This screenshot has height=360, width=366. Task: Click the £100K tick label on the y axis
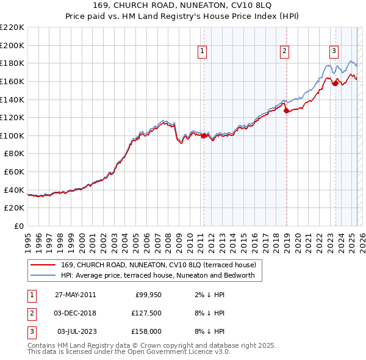click(x=12, y=135)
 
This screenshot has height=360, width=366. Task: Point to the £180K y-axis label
click(x=12, y=63)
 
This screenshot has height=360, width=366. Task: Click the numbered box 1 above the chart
click(x=202, y=52)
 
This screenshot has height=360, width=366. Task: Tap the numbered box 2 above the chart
click(x=285, y=52)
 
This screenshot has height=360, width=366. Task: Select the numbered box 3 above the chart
click(x=334, y=52)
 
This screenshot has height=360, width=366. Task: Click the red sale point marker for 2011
click(x=204, y=135)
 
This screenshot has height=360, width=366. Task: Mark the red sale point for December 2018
click(x=286, y=111)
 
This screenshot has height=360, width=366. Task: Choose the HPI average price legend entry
click(x=162, y=276)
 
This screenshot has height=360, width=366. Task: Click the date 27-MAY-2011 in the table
click(x=75, y=295)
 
